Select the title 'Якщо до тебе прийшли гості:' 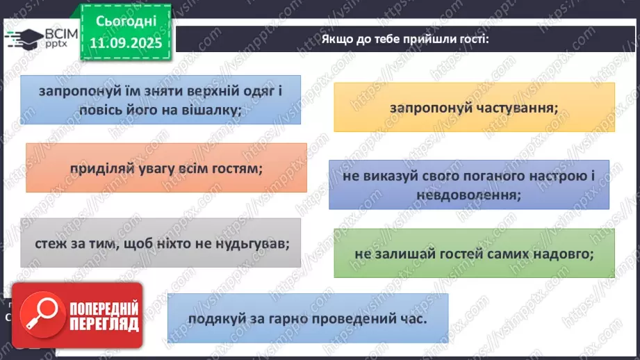pyautogui.click(x=406, y=38)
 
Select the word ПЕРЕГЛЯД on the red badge pyautogui.click(x=104, y=324)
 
